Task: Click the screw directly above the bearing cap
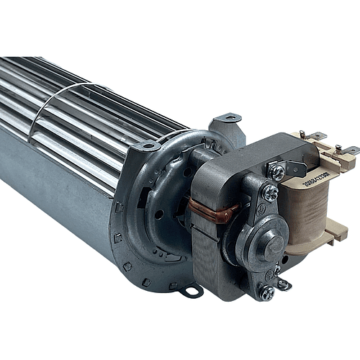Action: (271, 193)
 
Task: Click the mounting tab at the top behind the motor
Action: (228, 117)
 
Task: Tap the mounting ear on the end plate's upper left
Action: (149, 146)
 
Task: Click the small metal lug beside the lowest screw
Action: (284, 284)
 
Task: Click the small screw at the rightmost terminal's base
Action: (338, 148)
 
